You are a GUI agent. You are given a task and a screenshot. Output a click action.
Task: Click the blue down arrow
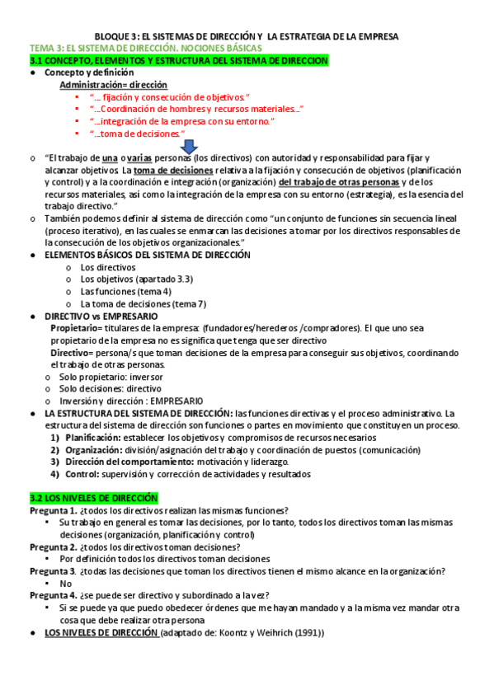(211, 146)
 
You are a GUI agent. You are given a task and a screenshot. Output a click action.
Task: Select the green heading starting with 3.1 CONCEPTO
(178, 61)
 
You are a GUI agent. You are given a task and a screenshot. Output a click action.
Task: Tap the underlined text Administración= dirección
(113, 85)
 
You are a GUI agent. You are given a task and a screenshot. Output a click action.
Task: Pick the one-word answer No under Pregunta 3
(67, 584)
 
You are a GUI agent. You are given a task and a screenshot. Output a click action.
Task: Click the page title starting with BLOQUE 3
(247, 37)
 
